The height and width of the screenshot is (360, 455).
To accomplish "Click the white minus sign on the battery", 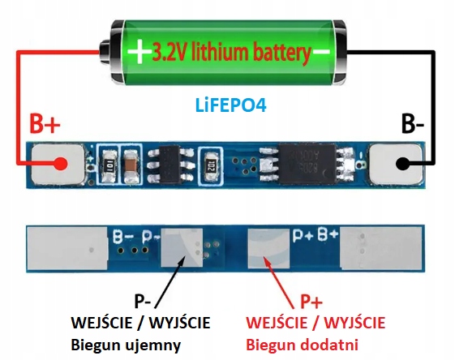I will [323, 53].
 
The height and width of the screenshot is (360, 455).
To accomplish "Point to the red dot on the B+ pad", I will [60, 163].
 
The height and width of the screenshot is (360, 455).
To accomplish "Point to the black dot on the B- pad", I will [401, 163].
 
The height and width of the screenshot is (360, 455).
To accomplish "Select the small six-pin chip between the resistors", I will [167, 162].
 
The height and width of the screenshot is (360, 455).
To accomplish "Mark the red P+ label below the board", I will [311, 302].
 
